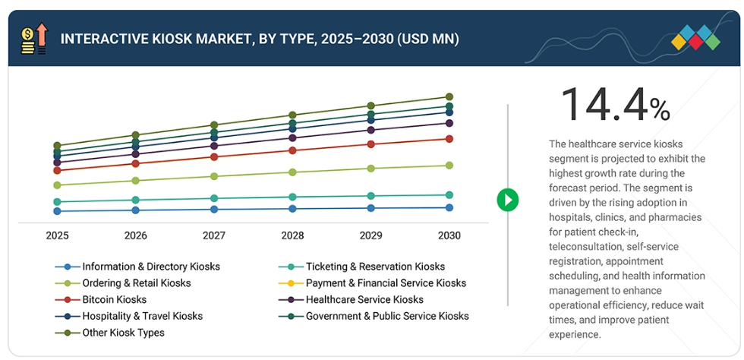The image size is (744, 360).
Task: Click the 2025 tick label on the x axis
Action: (57, 236)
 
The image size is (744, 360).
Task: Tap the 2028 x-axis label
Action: (292, 236)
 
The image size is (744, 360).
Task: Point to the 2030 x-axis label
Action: (449, 236)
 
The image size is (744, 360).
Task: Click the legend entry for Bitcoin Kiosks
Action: (114, 299)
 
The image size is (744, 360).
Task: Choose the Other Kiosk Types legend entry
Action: (123, 333)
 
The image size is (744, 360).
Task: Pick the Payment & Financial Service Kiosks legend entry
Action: (386, 283)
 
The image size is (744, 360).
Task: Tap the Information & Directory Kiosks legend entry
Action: (150, 267)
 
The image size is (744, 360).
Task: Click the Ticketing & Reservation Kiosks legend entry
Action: (375, 267)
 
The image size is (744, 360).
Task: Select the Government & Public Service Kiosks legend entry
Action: (387, 316)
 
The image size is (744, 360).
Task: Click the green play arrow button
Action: (507, 200)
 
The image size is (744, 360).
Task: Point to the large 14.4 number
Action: (604, 104)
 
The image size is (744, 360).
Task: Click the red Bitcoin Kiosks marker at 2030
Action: (449, 139)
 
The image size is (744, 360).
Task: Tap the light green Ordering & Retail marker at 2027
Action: (214, 176)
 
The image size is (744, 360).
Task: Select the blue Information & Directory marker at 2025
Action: (57, 211)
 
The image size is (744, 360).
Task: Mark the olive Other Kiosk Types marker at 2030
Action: (449, 97)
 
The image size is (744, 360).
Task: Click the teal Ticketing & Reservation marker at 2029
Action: (370, 196)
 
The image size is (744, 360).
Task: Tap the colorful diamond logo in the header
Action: (696, 37)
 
